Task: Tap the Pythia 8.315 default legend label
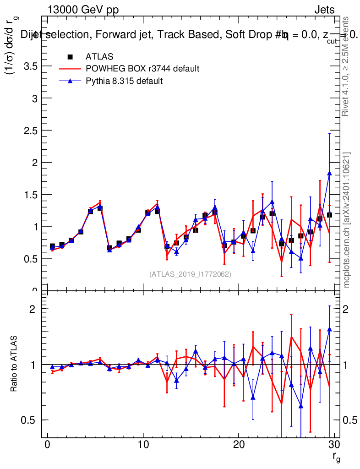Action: pos(124,81)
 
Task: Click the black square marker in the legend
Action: pos(70,57)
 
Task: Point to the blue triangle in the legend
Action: pos(70,81)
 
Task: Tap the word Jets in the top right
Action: pos(324,10)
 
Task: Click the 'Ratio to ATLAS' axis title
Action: pos(14,364)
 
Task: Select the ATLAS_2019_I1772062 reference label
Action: pos(190,274)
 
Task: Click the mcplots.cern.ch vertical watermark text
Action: pos(347,220)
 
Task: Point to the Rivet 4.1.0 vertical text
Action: pos(347,66)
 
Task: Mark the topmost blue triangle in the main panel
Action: pos(329,173)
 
